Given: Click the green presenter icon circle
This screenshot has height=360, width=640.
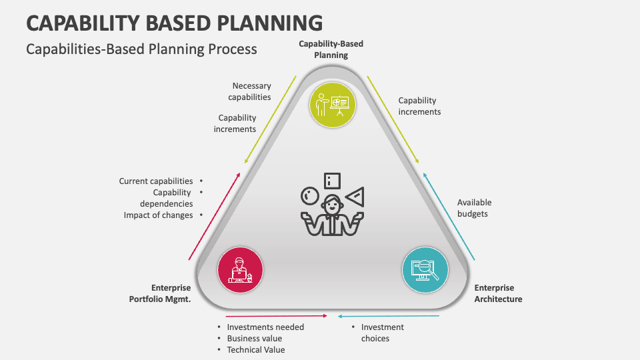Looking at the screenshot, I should click(x=333, y=105).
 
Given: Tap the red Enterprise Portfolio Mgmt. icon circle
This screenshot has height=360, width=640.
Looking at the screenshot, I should click(x=240, y=270).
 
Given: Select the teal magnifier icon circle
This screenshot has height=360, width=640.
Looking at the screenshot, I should click(x=425, y=270).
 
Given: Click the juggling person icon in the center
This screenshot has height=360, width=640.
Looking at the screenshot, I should click(x=331, y=207).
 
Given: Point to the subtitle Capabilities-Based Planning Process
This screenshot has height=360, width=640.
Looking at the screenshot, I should click(x=141, y=49).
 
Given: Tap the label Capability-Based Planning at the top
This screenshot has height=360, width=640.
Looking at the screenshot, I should click(x=331, y=49).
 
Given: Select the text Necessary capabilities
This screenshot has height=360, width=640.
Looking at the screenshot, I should click(x=251, y=91).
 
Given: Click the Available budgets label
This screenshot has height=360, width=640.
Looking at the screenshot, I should click(x=474, y=208).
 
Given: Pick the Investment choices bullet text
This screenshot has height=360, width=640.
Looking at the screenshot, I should click(x=382, y=333).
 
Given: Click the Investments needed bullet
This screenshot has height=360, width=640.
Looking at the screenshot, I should click(x=265, y=327).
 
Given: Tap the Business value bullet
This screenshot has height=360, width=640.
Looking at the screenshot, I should click(x=254, y=339).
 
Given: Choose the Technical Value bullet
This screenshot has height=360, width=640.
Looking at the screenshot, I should click(x=255, y=350).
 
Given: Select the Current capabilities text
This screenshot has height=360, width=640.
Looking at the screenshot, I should click(x=156, y=181).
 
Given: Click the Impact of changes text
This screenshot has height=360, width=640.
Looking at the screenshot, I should click(x=158, y=215).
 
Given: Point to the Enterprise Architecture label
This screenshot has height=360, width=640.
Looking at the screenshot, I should click(x=498, y=293).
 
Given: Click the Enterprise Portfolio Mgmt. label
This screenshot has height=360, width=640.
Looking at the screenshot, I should click(x=160, y=293).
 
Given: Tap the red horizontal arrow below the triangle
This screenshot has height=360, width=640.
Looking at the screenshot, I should click(x=276, y=315).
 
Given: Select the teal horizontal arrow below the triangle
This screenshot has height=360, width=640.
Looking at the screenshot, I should click(x=388, y=315).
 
